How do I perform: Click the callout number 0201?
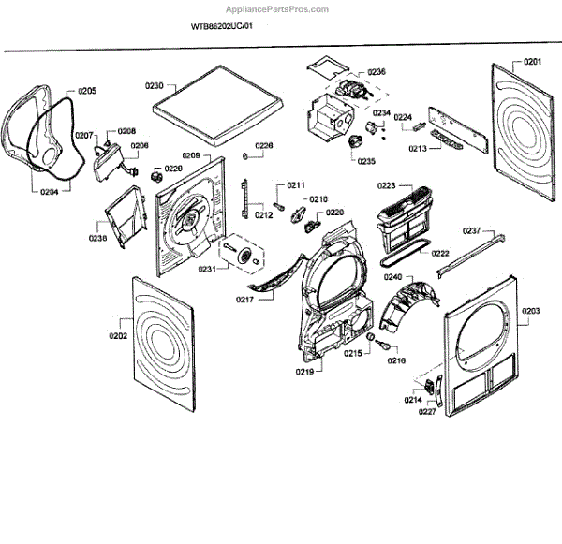point(532,62)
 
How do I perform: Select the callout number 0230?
point(155,85)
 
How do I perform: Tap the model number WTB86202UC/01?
point(222,26)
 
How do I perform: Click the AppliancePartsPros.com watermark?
point(276,9)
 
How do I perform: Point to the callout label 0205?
point(87,91)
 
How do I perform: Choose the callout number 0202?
point(118,336)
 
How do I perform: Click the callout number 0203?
point(531,311)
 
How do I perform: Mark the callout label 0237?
point(472,230)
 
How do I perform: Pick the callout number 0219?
point(304,372)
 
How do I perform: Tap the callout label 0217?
point(244,300)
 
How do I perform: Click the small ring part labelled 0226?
point(245,156)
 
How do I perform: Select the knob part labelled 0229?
point(155,176)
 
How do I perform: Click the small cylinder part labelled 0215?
point(371,336)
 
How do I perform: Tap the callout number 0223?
point(386,185)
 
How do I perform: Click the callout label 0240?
point(392,277)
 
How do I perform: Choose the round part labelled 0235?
point(355,140)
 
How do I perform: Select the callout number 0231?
point(207,269)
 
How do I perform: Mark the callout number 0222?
point(440,254)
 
